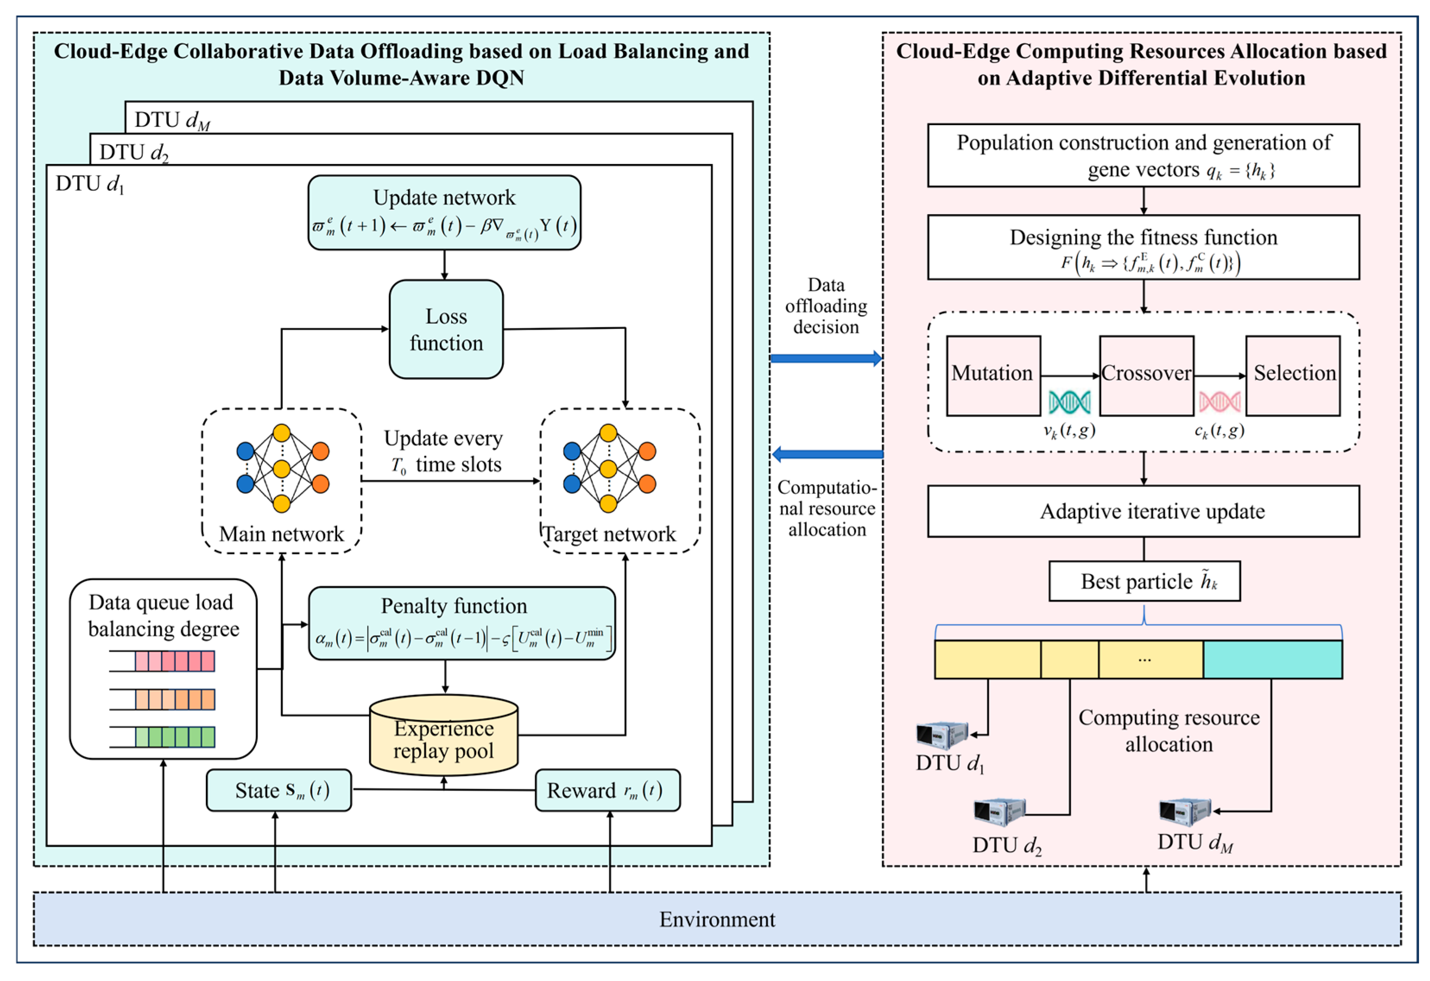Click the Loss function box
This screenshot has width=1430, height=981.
tap(446, 329)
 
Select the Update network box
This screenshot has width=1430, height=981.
tap(444, 212)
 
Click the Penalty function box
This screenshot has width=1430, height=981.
tap(461, 623)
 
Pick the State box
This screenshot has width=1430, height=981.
tap(279, 790)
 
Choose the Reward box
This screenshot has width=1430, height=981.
tap(607, 790)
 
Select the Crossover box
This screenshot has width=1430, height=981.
tap(1146, 375)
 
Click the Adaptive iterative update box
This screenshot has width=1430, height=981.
tap(1143, 511)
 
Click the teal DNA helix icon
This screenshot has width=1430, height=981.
tap(1070, 402)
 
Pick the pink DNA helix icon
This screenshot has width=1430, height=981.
tap(1219, 402)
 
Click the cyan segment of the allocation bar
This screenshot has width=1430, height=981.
tap(1272, 659)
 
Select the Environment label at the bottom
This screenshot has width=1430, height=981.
tap(717, 919)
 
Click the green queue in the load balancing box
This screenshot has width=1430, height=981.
tap(175, 737)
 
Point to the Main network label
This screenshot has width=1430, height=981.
tap(281, 533)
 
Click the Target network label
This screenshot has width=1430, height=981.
tap(609, 533)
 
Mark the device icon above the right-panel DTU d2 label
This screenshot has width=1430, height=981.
tap(999, 812)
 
